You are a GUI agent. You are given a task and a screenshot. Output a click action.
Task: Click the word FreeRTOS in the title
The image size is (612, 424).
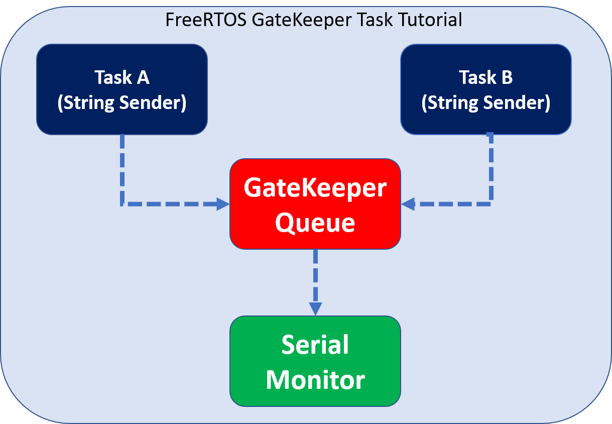206,20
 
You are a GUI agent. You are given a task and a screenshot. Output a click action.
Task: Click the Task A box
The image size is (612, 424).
122,89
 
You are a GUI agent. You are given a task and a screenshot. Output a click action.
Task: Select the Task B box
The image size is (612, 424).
486,89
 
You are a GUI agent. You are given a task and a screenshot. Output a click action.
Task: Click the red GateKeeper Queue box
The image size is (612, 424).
315,203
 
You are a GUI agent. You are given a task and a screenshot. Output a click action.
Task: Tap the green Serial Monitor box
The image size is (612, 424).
315,361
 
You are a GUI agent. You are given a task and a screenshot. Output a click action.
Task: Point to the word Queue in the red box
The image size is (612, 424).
315,223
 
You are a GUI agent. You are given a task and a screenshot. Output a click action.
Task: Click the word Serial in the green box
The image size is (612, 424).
315,345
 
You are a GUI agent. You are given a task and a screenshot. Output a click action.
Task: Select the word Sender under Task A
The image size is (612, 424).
153,103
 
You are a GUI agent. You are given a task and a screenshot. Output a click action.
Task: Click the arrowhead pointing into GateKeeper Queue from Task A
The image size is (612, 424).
223,204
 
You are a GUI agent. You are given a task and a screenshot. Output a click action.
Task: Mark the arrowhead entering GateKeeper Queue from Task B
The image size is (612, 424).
408,204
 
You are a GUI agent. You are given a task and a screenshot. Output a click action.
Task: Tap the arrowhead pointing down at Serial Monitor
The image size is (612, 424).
315,309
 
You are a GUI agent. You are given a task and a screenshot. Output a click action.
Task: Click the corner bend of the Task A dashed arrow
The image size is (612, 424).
122,204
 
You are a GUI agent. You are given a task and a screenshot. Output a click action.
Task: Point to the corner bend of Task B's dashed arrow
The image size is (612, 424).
491,204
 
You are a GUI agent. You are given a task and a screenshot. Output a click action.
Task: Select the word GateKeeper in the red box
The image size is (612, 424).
315,188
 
